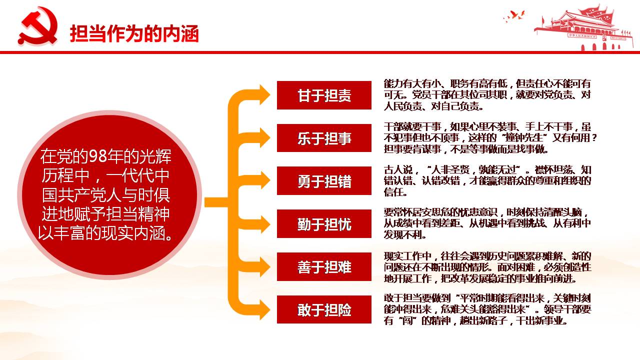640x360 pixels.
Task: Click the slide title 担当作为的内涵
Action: [x=134, y=34]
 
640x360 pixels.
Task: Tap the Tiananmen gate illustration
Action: [x=583, y=28]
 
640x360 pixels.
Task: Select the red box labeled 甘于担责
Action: [x=324, y=95]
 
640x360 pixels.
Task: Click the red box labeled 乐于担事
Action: [x=324, y=138]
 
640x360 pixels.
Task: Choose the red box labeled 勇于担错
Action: [x=324, y=181]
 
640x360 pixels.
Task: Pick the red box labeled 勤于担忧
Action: [x=324, y=223]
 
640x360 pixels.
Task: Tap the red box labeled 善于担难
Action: [x=324, y=267]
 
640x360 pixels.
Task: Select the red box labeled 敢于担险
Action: [x=324, y=309]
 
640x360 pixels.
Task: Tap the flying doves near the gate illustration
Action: [x=514, y=16]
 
